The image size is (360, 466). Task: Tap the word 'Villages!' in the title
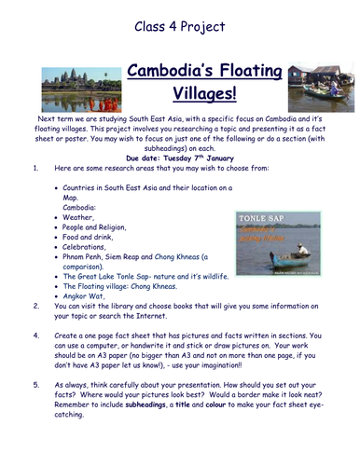click(x=181, y=93)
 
